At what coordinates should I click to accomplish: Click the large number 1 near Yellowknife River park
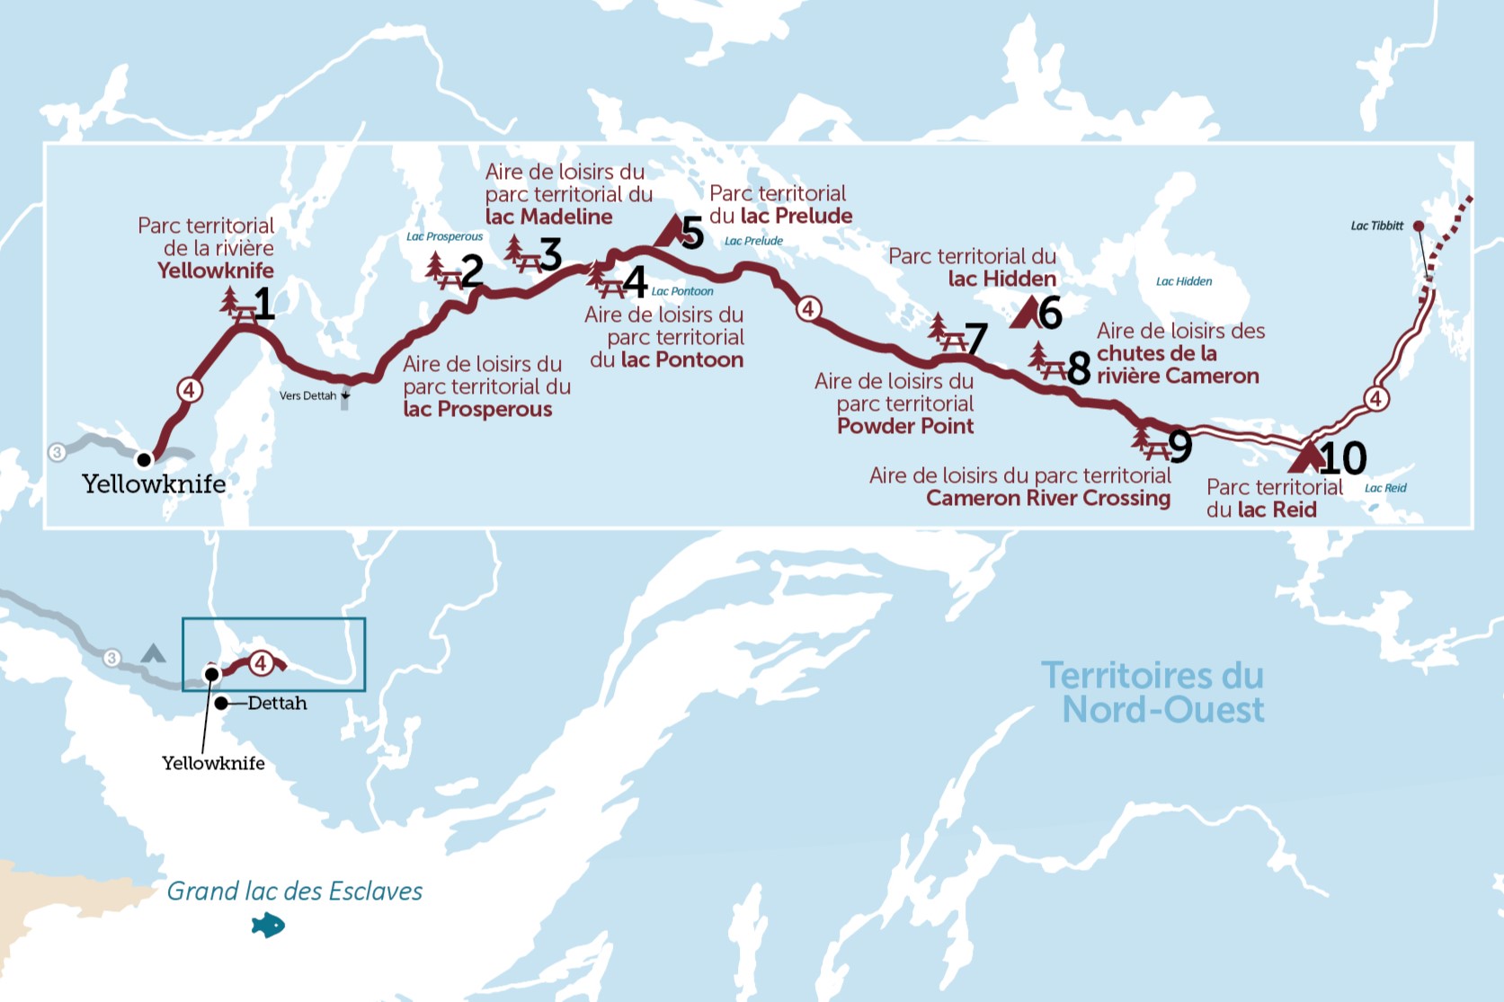click(x=263, y=305)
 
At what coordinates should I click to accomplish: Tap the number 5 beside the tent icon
click(x=691, y=233)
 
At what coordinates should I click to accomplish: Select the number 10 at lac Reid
click(x=1342, y=459)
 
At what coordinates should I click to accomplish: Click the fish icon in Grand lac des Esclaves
click(x=268, y=925)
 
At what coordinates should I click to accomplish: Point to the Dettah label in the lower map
click(x=277, y=704)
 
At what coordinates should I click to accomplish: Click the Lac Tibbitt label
click(x=1376, y=226)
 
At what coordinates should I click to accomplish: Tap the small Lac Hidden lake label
click(x=1183, y=281)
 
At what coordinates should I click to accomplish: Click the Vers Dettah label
click(x=307, y=395)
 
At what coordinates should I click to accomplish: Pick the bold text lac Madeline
click(x=548, y=217)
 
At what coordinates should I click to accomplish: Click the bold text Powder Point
click(x=905, y=426)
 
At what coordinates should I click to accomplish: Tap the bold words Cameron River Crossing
click(x=1048, y=498)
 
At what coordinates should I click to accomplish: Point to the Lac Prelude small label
click(x=753, y=241)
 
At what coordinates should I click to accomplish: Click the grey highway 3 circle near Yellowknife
click(x=58, y=452)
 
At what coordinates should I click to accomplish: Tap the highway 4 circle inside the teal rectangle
click(x=261, y=663)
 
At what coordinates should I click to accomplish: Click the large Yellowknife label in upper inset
click(x=154, y=483)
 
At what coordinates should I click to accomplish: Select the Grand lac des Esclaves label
click(x=295, y=891)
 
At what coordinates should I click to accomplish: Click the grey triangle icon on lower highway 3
click(x=154, y=653)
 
